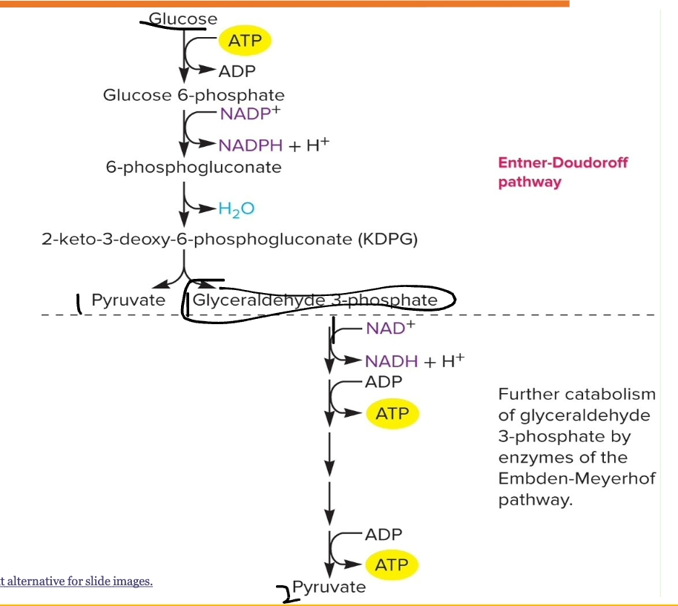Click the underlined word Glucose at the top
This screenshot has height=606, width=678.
pyautogui.click(x=183, y=19)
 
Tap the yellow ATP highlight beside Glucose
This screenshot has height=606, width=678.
pyautogui.click(x=245, y=41)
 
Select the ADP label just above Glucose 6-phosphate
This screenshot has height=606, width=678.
pyautogui.click(x=237, y=71)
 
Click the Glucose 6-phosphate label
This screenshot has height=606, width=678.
pyautogui.click(x=194, y=95)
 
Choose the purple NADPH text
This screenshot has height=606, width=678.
pyautogui.click(x=250, y=145)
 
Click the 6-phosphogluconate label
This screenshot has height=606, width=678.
pyautogui.click(x=194, y=167)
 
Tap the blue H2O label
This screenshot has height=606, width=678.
pyautogui.click(x=237, y=209)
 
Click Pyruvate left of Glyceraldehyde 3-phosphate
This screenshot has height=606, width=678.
pyautogui.click(x=128, y=300)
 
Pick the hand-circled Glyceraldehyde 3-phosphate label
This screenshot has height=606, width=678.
pyautogui.click(x=315, y=300)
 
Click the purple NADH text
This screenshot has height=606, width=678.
pyautogui.click(x=392, y=361)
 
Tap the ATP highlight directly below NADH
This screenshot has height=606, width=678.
pyautogui.click(x=392, y=412)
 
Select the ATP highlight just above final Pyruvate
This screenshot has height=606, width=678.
pyautogui.click(x=392, y=564)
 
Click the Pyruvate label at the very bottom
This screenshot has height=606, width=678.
pyautogui.click(x=329, y=587)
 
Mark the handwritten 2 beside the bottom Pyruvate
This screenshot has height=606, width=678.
pyautogui.click(x=284, y=592)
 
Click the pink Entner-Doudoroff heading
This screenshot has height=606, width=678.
pyautogui.click(x=562, y=163)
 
